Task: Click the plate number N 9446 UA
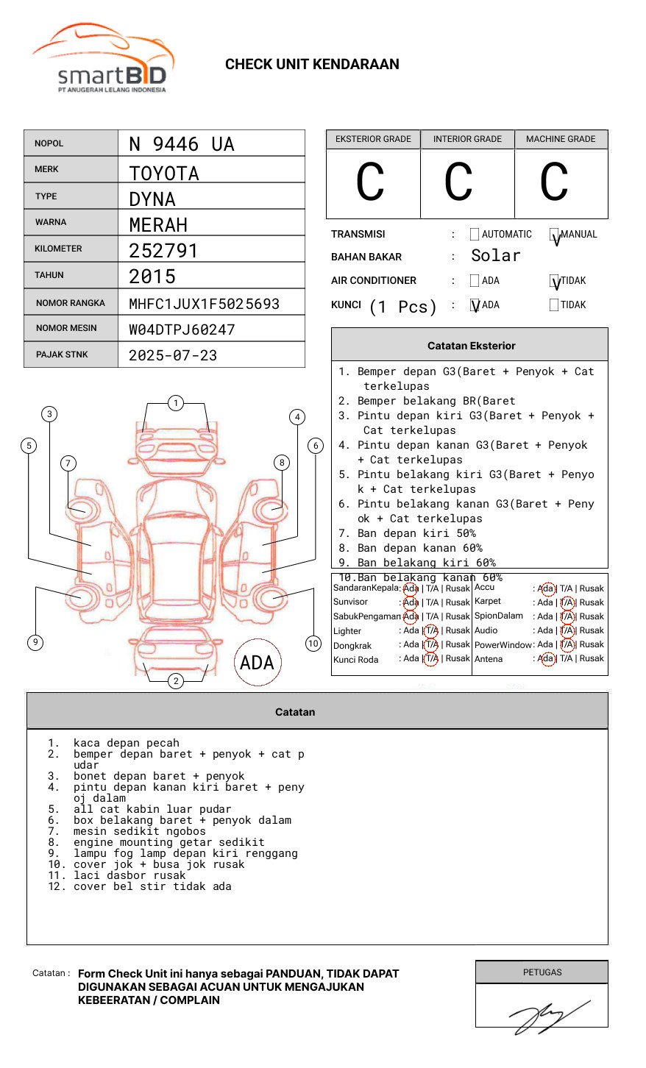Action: pyautogui.click(x=181, y=143)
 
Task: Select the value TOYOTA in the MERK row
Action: pyautogui.click(x=164, y=174)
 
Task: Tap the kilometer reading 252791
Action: pyautogui.click(x=163, y=251)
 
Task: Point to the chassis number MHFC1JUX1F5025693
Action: pyautogui.click(x=204, y=304)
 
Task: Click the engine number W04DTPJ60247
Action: pyautogui.click(x=182, y=330)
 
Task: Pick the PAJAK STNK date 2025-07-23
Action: pyautogui.click(x=173, y=355)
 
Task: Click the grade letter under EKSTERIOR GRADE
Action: pyautogui.click(x=370, y=182)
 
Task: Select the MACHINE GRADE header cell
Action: pyautogui.click(x=561, y=139)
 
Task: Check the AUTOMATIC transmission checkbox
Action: pyautogui.click(x=475, y=235)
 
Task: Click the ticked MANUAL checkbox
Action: pyautogui.click(x=555, y=235)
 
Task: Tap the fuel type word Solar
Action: pyautogui.click(x=495, y=256)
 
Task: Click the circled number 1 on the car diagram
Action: pyautogui.click(x=175, y=402)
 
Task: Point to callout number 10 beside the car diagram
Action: pyautogui.click(x=313, y=644)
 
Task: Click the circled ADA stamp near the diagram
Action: pyautogui.click(x=257, y=663)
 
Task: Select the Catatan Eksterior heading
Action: pyautogui.click(x=471, y=346)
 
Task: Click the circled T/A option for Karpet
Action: pyautogui.click(x=567, y=602)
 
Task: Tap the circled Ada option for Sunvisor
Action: pyautogui.click(x=411, y=602)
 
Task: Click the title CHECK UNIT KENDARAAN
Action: pyautogui.click(x=312, y=65)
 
